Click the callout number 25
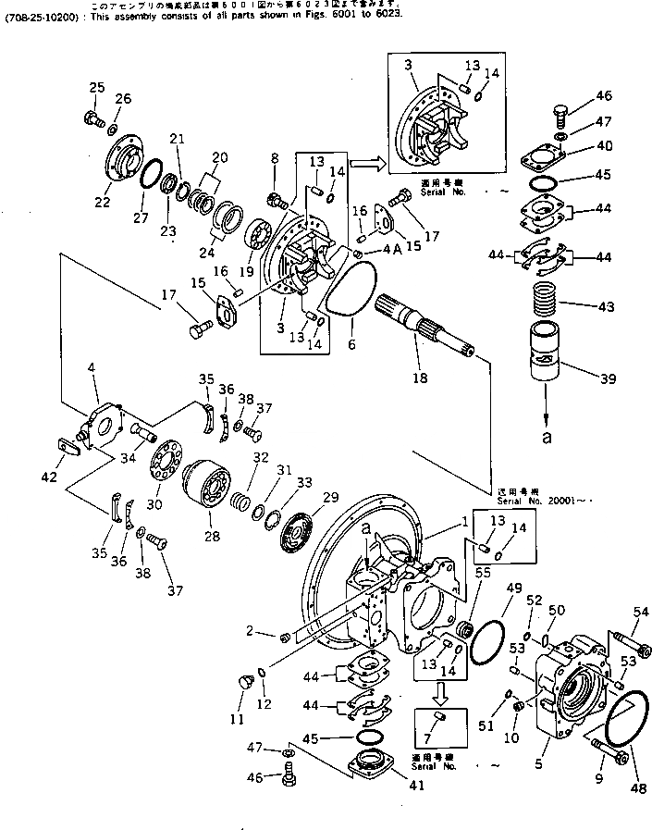coord(96,88)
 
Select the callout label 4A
coord(390,249)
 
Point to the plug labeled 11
coord(245,684)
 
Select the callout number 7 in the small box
coord(442,737)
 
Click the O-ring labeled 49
coord(489,638)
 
